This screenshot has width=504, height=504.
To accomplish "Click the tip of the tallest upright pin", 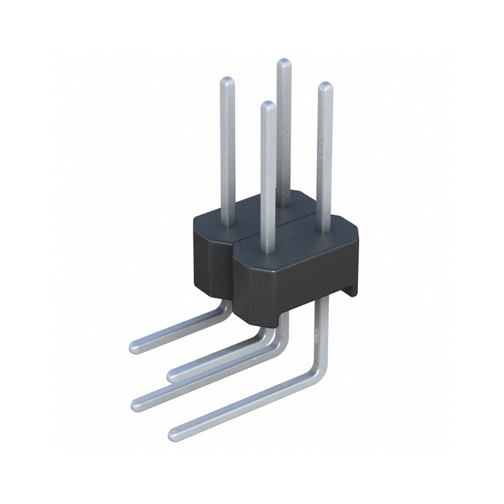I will tap(284, 62).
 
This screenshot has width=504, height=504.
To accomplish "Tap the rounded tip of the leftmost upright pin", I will tap(227, 81).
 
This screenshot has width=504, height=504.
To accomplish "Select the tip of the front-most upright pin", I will tap(268, 105).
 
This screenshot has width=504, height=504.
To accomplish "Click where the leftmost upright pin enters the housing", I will tap(228, 222).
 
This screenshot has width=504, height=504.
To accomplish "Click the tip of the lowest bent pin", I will tap(175, 433).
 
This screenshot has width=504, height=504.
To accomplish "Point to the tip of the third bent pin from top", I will tap(137, 404).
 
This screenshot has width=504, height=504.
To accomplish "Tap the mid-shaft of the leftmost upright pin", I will tap(227, 151).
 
